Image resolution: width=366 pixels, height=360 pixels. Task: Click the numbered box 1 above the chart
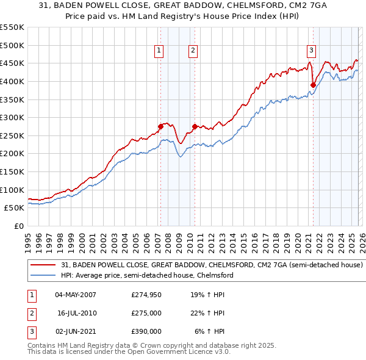tap(159, 51)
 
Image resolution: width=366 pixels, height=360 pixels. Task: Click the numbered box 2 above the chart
tap(193, 51)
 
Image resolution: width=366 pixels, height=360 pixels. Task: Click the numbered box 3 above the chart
tap(311, 51)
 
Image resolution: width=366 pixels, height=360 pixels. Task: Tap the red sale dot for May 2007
tap(160, 126)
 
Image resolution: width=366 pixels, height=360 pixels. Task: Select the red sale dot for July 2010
tap(195, 126)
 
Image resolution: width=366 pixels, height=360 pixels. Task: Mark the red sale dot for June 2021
tap(313, 85)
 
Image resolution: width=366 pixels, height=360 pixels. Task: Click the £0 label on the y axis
tap(18, 226)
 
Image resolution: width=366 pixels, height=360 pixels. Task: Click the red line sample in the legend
tap(44, 265)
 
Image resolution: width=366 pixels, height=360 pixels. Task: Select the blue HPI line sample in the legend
tap(44, 276)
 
